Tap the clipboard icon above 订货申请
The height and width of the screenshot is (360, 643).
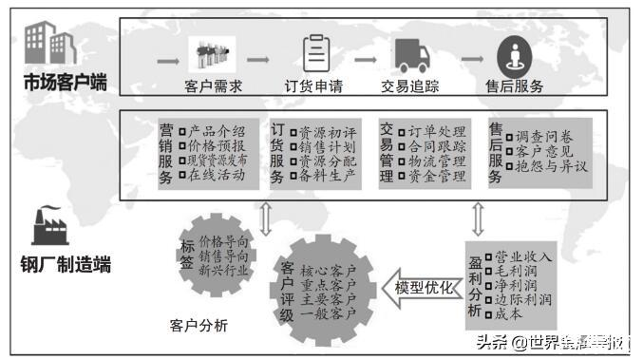click(x=314, y=54)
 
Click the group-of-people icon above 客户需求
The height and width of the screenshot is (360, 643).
click(x=213, y=53)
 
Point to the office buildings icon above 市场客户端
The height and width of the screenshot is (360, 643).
click(x=49, y=42)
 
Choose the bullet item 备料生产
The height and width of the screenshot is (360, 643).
click(x=326, y=177)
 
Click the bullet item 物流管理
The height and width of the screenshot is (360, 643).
click(x=436, y=161)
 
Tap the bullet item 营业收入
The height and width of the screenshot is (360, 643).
click(x=520, y=256)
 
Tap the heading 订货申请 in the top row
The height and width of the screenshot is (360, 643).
click(x=313, y=86)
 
